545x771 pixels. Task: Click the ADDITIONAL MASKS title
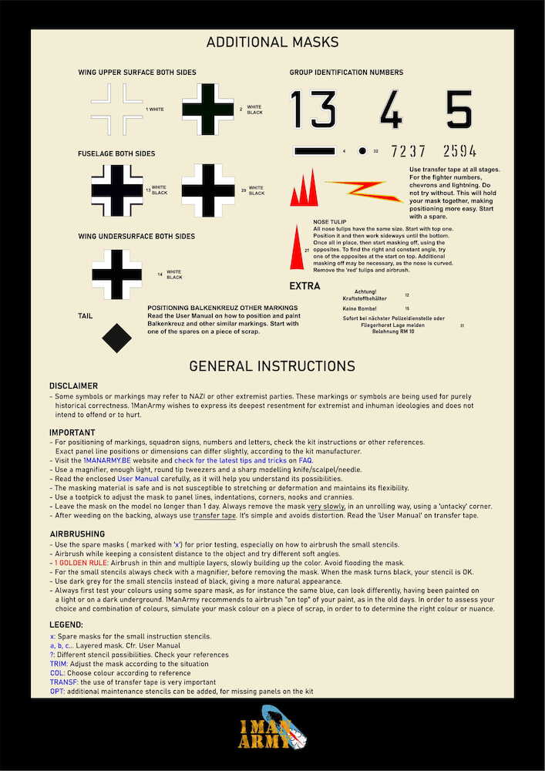[x=272, y=42]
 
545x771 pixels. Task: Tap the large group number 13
[x=312, y=109]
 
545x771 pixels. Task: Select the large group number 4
[x=391, y=109]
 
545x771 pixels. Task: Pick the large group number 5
[x=459, y=109]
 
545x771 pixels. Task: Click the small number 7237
[x=408, y=151]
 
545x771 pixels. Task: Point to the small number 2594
[x=459, y=151]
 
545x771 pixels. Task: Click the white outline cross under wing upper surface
[x=116, y=109]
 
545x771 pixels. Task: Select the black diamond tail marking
[x=116, y=338]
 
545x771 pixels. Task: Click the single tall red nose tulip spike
[x=296, y=248]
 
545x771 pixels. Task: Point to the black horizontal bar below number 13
[x=314, y=151]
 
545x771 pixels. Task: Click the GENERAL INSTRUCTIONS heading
[x=272, y=366]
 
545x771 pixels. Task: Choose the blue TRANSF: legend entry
[x=64, y=682]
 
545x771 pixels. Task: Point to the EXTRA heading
[x=304, y=287]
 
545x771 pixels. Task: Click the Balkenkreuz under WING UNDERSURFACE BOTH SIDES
[x=116, y=274]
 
